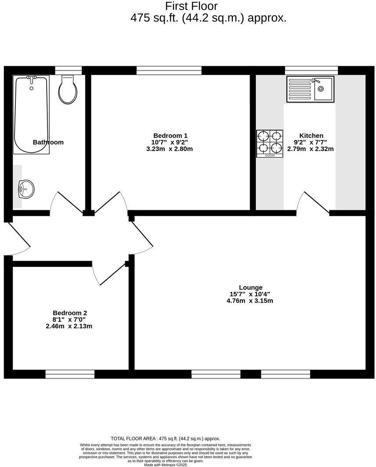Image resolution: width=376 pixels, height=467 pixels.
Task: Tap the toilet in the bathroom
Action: click(x=68, y=90)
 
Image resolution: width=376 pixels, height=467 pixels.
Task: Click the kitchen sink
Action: click(x=310, y=89)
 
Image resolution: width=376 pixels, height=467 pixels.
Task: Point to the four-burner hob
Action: click(x=270, y=143)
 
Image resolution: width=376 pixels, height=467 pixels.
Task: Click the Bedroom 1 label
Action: click(x=170, y=136)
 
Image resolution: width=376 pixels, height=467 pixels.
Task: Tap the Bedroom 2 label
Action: click(x=70, y=313)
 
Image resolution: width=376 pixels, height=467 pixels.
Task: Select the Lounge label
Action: click(x=250, y=288)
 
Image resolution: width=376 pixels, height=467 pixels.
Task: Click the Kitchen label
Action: click(x=311, y=136)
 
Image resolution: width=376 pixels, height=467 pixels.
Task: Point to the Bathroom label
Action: click(x=48, y=142)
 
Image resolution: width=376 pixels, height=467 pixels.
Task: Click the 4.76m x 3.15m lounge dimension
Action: click(x=249, y=301)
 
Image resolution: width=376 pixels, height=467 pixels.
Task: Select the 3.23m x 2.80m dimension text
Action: click(x=170, y=149)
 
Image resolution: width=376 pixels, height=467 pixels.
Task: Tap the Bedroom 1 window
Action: click(x=169, y=70)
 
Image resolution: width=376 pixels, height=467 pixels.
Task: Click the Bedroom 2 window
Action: click(x=70, y=374)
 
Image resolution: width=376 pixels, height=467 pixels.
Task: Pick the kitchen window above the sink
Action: click(x=311, y=70)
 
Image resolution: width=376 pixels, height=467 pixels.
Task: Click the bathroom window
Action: click(x=68, y=70)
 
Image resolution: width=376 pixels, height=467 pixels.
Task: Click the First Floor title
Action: click(x=192, y=6)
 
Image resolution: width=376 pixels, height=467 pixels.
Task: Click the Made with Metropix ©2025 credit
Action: click(x=166, y=465)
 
